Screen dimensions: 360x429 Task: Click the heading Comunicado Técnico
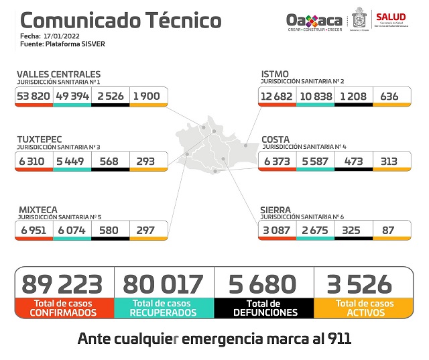click(x=121, y=20)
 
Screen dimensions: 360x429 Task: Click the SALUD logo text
click(x=390, y=17)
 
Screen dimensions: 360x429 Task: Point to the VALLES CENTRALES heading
click(x=58, y=74)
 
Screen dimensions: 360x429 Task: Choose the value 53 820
click(x=33, y=96)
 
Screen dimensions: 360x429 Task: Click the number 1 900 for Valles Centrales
click(x=147, y=96)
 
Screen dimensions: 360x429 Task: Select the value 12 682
click(x=276, y=96)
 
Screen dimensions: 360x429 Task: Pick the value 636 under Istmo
click(x=389, y=96)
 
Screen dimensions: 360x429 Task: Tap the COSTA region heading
click(x=275, y=139)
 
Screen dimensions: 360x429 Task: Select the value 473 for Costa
click(x=353, y=161)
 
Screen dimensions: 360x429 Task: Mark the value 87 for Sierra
click(x=389, y=231)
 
